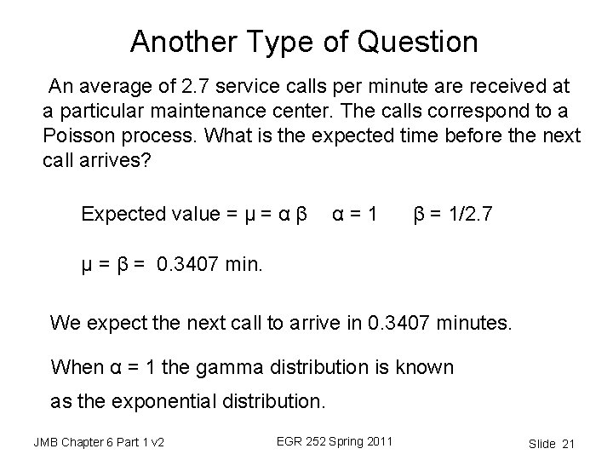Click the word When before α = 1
[79, 367]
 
